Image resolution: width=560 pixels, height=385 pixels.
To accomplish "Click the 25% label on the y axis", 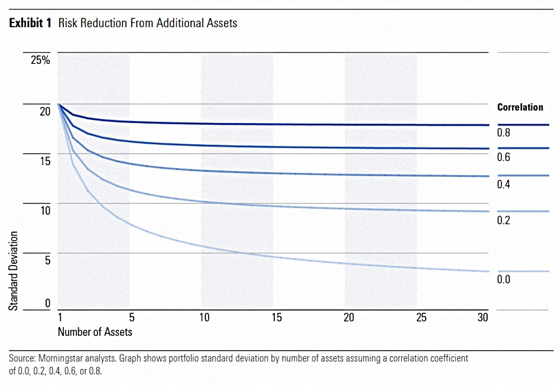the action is [40, 60].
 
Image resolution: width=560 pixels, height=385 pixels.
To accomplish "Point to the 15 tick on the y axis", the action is [46, 161].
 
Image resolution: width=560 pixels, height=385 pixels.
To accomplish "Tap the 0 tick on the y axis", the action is [48, 303].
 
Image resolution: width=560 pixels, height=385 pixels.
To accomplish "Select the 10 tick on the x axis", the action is [204, 317].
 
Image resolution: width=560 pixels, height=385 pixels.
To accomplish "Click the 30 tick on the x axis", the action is [483, 317].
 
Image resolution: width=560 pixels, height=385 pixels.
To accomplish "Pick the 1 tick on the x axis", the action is [60, 317].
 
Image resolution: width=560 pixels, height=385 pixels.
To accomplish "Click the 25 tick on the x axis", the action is [422, 317].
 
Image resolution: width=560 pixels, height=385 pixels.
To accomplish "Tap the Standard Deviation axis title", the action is [14, 271].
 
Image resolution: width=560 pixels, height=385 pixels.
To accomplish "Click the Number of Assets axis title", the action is [95, 332].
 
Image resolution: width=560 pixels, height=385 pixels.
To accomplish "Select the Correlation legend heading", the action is [520, 107].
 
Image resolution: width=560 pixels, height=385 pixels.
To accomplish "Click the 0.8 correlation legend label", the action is [504, 133].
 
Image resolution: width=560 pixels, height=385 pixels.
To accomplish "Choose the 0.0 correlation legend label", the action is [504, 279].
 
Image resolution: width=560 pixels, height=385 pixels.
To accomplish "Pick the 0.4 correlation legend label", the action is [504, 185].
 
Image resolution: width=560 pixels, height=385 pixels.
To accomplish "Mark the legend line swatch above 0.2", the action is [523, 212].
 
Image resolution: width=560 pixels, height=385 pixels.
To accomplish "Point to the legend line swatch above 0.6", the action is [523, 148].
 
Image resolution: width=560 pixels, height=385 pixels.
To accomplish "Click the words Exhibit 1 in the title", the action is [30, 23].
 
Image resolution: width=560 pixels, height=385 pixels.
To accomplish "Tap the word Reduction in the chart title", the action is [103, 23].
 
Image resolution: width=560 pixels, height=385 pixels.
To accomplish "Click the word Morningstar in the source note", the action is [60, 358].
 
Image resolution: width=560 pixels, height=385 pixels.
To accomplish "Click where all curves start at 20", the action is [58, 104].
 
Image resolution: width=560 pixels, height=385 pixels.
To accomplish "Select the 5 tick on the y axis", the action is [48, 260].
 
